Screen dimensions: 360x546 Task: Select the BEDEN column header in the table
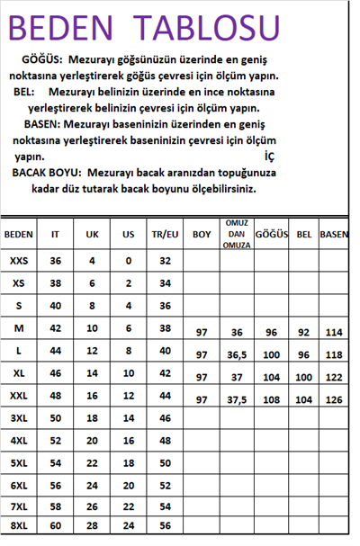19,234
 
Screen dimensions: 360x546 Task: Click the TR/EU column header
165,234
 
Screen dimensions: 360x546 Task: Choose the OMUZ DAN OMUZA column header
238,233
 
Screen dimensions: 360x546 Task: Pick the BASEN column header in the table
335,234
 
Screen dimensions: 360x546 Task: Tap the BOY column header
201,234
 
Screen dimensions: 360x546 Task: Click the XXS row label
19,261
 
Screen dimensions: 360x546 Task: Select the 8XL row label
19,524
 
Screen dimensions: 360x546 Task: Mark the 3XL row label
19,418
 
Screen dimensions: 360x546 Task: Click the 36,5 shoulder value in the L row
238,354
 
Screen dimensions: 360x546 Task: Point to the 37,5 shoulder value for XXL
238,398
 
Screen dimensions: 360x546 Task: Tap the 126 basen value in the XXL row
335,398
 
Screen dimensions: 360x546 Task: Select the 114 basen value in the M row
335,332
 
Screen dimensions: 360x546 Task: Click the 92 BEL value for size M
303,332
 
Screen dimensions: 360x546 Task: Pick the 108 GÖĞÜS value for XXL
271,398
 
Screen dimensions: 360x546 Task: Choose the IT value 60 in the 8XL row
56,524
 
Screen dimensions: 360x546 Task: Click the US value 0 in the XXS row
129,261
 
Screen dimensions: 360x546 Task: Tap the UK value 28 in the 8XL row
92,524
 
